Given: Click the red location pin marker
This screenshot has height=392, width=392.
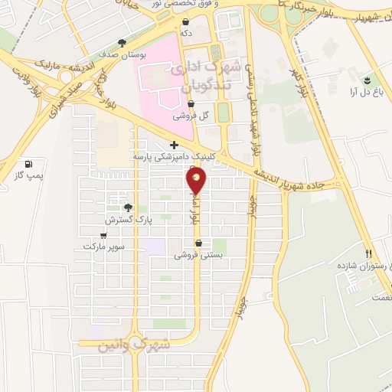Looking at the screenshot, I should [197, 181].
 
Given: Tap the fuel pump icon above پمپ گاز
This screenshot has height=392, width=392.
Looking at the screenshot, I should [29, 164].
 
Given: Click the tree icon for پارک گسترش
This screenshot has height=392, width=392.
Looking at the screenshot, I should [128, 207].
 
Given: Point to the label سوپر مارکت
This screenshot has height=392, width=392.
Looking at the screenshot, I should [105, 247].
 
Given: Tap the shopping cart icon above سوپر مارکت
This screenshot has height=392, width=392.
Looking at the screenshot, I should [103, 235].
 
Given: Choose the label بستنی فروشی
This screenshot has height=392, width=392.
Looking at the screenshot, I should [198, 256].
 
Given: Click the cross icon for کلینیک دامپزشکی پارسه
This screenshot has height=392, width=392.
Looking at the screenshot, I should [175, 145].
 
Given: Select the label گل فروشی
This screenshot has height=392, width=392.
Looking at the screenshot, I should [191, 116].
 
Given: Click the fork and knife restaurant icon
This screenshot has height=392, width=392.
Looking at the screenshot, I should [368, 253].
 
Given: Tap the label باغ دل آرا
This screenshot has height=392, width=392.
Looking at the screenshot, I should [365, 91].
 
